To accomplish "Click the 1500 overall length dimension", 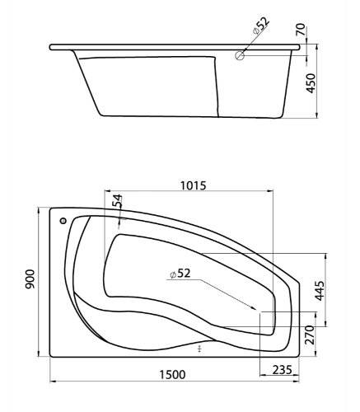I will coord(171,375).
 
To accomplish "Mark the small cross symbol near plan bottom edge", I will coord(199,349).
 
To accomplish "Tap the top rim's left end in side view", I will coord(51,47).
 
